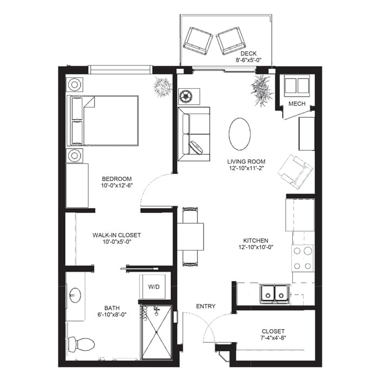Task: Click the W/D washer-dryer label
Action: point(154,287)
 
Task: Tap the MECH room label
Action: point(297,104)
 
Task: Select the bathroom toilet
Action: point(81,344)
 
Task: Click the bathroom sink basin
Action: point(75,295)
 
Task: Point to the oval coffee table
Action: point(239,134)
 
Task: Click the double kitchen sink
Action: point(275,293)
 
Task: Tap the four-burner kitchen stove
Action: point(303,258)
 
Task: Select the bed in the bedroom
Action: point(102,121)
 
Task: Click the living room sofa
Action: point(194,134)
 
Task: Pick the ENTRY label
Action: point(206,306)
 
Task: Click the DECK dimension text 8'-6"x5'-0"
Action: point(249,60)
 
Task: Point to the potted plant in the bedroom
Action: point(162,87)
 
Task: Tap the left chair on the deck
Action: point(198,41)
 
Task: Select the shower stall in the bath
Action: point(156,332)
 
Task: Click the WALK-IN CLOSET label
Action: point(116,235)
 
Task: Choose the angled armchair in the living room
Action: point(296,172)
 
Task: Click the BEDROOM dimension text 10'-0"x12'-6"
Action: point(117,185)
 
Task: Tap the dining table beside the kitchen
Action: point(191,237)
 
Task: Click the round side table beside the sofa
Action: point(185,96)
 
